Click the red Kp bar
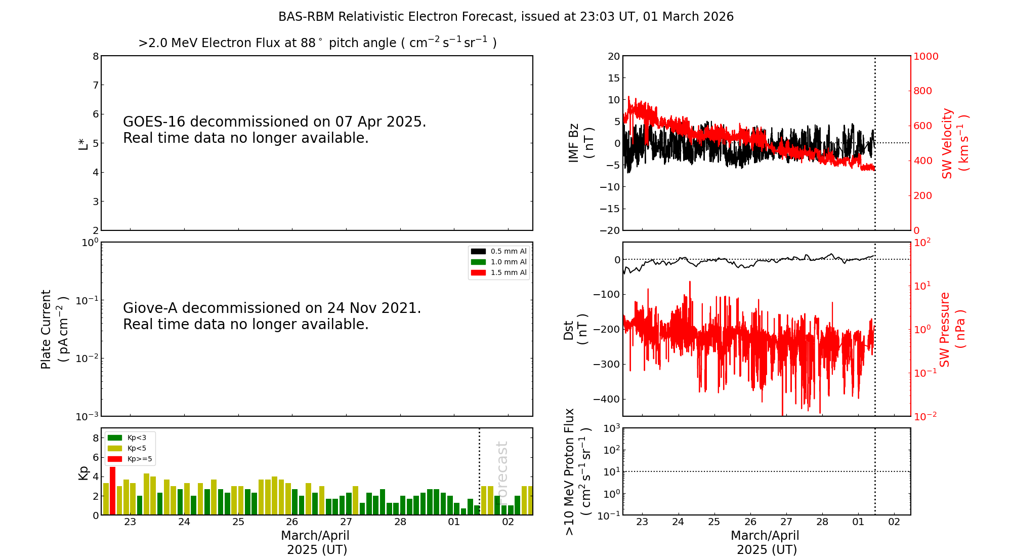pos(112,491)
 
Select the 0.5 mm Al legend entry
pos(499,251)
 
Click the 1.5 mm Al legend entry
pos(499,272)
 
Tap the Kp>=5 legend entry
pos(129,459)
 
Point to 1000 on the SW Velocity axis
pos(925,56)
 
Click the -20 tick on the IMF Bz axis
pos(610,230)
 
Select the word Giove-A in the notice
pos(150,308)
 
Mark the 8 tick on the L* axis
pos(96,56)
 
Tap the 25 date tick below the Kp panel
pos(238,522)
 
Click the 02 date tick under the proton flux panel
pos(894,522)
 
